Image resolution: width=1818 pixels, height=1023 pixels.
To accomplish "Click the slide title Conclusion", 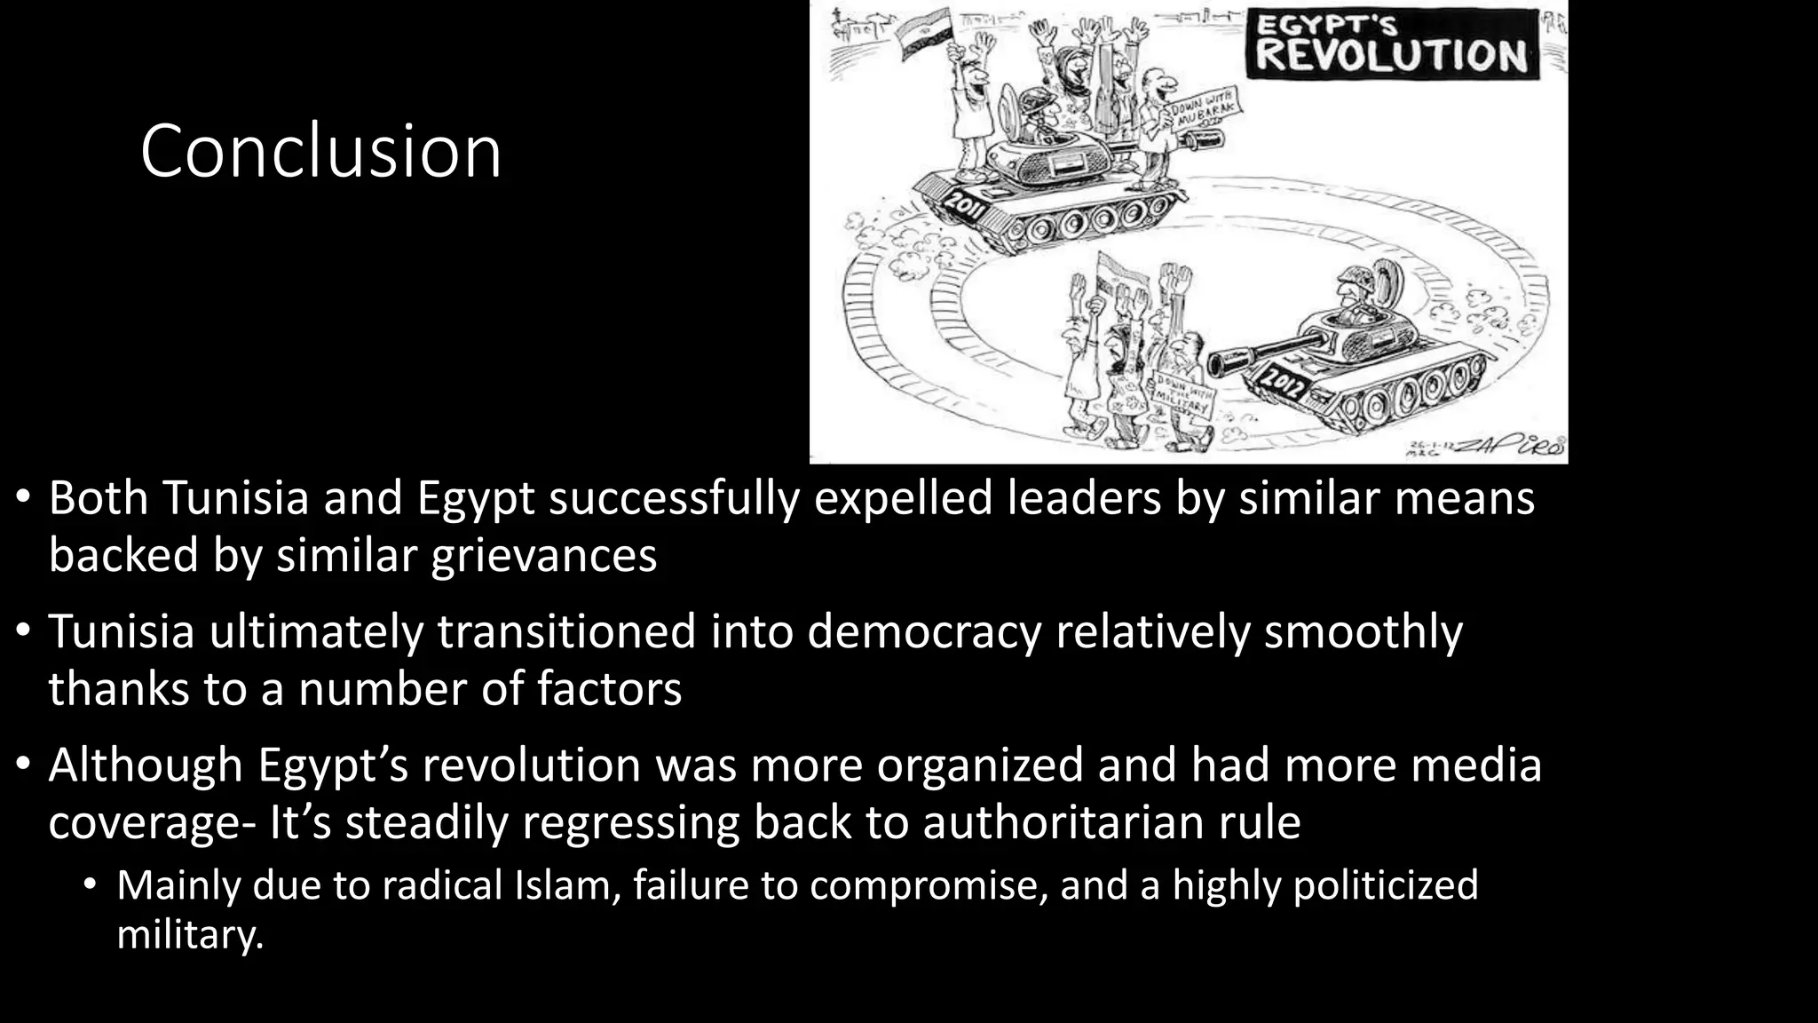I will tap(320, 151).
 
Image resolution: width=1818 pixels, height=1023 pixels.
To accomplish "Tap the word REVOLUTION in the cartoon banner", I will tap(1391, 55).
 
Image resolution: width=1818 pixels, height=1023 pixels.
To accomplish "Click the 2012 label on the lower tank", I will tap(1285, 382).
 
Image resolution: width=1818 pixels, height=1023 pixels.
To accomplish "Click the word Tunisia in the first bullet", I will tap(236, 497).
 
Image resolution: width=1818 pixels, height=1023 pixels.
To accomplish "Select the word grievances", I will tap(543, 556).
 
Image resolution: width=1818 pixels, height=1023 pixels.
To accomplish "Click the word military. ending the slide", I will tap(190, 934).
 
